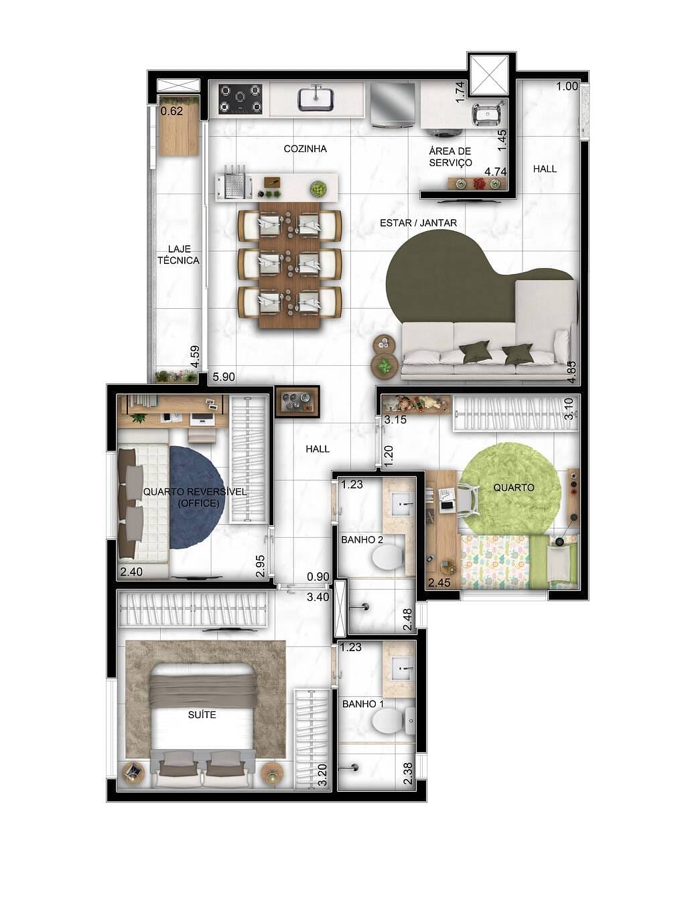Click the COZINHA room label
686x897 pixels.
(305, 149)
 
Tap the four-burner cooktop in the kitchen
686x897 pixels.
(240, 98)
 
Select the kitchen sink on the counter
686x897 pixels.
(316, 98)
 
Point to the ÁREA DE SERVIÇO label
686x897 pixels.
(450, 157)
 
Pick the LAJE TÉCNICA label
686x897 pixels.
(178, 255)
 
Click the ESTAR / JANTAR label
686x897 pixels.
(418, 222)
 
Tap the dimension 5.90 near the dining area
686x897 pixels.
(224, 377)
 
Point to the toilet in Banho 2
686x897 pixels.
(387, 556)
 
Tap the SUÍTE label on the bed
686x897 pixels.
(202, 715)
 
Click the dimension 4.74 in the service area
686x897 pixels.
(496, 171)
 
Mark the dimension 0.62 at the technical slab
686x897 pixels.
(172, 111)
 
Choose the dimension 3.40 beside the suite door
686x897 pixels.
(318, 597)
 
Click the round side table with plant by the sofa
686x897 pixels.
(385, 366)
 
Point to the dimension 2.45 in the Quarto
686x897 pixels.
(439, 583)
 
